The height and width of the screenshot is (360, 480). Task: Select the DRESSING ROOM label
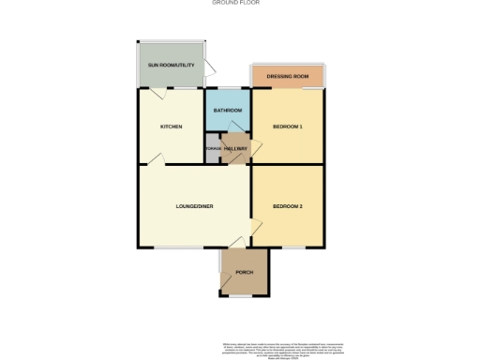(x=288, y=76)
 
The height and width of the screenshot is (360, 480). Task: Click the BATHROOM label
(x=228, y=111)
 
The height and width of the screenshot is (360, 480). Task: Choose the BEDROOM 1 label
(x=287, y=127)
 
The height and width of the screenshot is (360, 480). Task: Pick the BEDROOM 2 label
(x=287, y=206)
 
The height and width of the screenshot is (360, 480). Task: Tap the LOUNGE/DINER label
(x=194, y=206)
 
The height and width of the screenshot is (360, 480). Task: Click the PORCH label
(x=245, y=272)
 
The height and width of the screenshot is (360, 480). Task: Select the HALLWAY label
(x=236, y=149)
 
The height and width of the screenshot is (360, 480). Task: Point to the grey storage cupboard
(x=213, y=149)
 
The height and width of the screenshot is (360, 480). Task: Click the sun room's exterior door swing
(x=212, y=68)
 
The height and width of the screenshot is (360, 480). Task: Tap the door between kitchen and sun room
(x=161, y=92)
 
